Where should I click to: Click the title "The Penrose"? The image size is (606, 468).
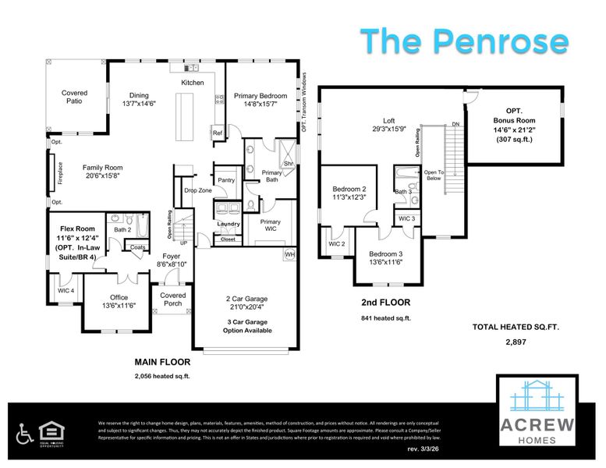(465, 40)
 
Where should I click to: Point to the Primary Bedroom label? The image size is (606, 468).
(260, 95)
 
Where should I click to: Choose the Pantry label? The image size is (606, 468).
(226, 180)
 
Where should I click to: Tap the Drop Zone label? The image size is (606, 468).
(198, 190)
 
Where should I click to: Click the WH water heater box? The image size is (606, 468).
(289, 254)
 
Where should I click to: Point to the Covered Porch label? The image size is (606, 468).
(173, 300)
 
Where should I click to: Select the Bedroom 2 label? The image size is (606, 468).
(349, 189)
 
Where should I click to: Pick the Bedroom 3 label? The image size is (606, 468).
(385, 254)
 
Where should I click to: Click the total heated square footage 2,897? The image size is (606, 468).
(515, 342)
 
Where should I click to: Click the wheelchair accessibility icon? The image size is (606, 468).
(25, 431)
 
